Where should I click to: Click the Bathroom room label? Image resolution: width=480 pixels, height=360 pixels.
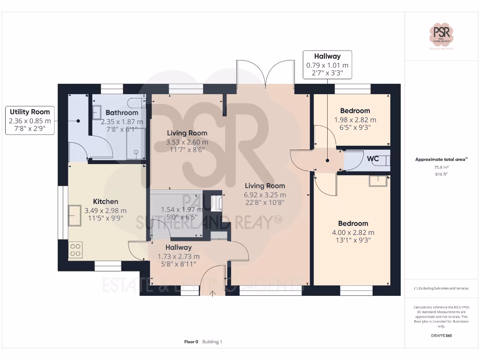point(122,112)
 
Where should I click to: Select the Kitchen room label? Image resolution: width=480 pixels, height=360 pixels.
point(105,202)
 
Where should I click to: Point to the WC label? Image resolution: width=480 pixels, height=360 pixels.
point(373,159)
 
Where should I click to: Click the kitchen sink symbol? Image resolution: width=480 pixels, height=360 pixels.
point(75,216)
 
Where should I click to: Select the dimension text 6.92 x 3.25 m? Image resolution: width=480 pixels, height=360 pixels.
point(265,195)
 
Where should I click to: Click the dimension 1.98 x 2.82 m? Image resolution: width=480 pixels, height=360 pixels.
point(355,120)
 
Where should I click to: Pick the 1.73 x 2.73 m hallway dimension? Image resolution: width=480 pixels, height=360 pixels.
point(179,256)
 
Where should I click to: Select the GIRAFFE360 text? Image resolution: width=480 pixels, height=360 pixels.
point(442,336)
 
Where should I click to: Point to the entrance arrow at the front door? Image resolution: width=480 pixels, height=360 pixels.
point(213,293)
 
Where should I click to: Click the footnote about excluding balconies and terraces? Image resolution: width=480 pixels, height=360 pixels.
point(442,288)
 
